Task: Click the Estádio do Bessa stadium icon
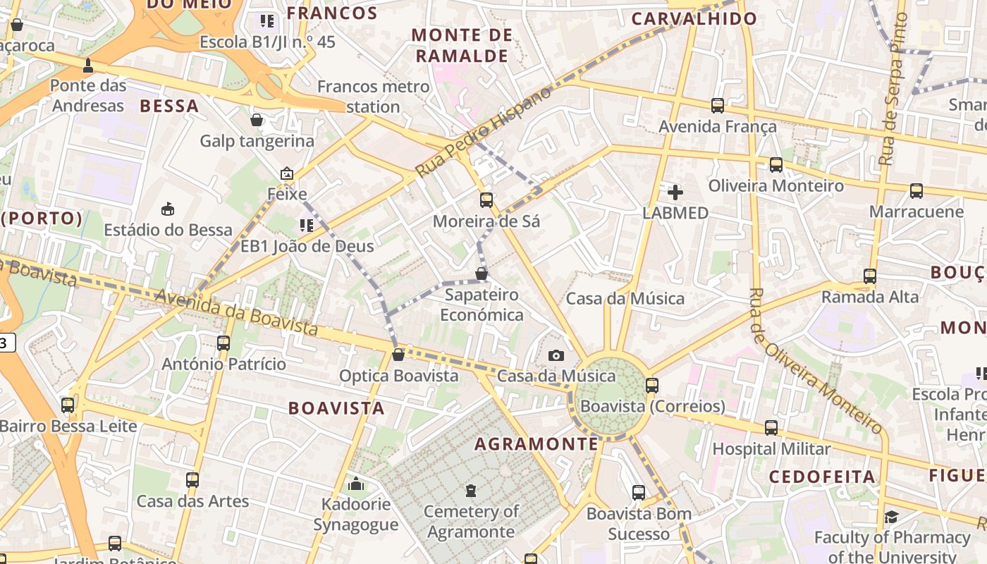(x=168, y=209)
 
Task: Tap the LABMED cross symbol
(x=675, y=192)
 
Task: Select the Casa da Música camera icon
(x=556, y=355)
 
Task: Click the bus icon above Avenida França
(x=718, y=106)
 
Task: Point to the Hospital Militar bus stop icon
(x=771, y=428)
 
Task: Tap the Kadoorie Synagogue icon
(x=356, y=484)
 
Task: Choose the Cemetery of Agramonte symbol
(x=471, y=491)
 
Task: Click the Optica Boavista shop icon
(x=398, y=355)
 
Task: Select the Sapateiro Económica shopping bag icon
(x=482, y=274)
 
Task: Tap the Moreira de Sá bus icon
(x=486, y=200)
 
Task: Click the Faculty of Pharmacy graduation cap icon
(x=892, y=517)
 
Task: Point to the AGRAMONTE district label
(x=537, y=444)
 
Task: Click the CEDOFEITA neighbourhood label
(x=822, y=477)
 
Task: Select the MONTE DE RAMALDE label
(x=462, y=45)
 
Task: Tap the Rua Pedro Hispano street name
(x=483, y=133)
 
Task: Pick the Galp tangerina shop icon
(x=257, y=120)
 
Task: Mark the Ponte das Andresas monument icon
(x=88, y=66)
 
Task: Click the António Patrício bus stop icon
(x=223, y=343)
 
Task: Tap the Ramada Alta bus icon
(x=870, y=276)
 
